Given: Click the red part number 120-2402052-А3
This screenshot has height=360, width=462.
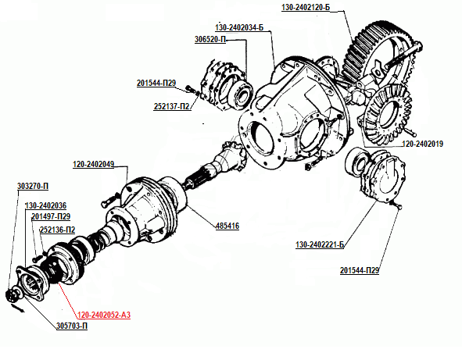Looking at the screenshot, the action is click(104, 315).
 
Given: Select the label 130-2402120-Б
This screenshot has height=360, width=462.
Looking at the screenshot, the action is click(306, 7).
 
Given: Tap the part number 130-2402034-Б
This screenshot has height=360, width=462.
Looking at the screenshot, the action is click(239, 27).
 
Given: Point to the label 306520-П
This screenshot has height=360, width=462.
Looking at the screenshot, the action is click(210, 40).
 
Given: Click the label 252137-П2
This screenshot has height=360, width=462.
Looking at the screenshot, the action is click(171, 106).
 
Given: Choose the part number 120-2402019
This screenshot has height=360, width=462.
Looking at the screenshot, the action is click(422, 144).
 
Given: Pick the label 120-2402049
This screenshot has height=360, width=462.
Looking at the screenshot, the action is click(93, 164).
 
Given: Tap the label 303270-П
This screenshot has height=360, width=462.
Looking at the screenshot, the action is click(33, 187).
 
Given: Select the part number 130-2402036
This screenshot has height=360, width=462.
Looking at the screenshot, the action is click(45, 205).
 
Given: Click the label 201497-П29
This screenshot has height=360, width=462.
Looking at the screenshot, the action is click(51, 216).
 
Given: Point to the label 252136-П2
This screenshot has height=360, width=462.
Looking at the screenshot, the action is click(57, 230).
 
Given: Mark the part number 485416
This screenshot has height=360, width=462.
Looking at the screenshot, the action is click(227, 226).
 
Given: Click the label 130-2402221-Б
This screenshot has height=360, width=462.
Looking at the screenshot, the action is click(320, 244).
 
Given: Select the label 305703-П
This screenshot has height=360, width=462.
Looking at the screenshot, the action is click(72, 326).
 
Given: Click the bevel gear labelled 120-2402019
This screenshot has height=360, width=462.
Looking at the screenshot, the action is click(387, 115).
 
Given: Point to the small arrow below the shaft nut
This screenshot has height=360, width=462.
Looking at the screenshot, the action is click(18, 308).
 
